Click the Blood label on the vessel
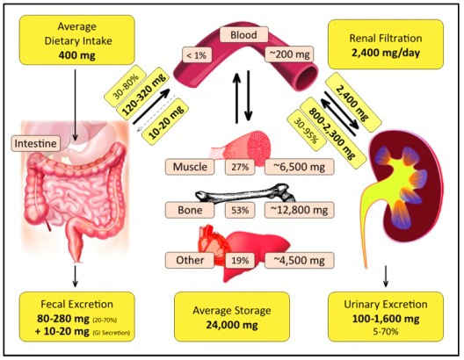click(x=243, y=35)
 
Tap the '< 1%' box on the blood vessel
click(x=197, y=54)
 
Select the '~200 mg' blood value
click(x=289, y=54)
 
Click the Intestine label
click(x=35, y=144)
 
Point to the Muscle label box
click(x=190, y=167)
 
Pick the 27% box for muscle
click(x=240, y=168)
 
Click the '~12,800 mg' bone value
click(x=299, y=210)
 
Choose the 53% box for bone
click(x=240, y=210)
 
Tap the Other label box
click(x=190, y=260)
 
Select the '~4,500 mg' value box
click(x=299, y=260)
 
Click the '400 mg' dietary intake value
click(x=77, y=55)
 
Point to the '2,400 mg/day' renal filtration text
click(x=386, y=53)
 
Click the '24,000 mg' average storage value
click(x=232, y=325)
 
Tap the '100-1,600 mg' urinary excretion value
click(x=386, y=319)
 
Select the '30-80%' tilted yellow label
click(x=126, y=83)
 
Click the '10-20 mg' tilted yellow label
click(x=165, y=121)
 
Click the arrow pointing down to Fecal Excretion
click(x=76, y=276)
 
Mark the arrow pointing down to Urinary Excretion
click(x=386, y=276)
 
